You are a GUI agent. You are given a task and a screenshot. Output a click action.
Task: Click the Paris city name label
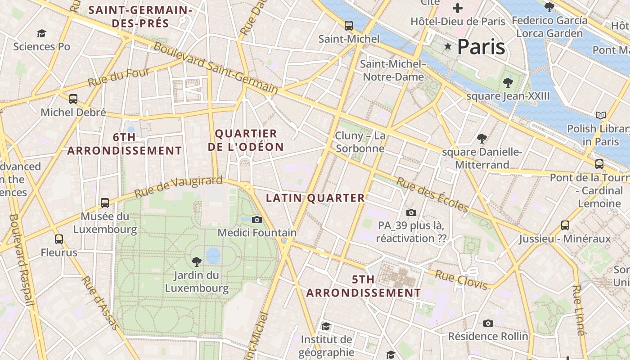pos(481,47)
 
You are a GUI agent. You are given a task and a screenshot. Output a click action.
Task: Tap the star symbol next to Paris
pos(448,46)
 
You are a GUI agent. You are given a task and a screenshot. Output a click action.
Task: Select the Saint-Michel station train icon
pos(349,25)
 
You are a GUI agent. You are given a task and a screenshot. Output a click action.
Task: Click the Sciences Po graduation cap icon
pos(41,33)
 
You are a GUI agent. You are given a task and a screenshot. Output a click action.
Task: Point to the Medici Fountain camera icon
pos(257,220)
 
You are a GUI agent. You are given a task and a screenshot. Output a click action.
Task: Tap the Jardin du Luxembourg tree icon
pos(196,261)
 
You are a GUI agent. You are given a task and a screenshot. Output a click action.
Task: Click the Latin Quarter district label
pos(315,198)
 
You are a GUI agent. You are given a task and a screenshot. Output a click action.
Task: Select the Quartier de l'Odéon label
pos(249,140)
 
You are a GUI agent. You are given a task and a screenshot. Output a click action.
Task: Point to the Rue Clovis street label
pos(462,279)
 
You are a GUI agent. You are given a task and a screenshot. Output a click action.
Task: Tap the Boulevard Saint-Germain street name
pos(216,67)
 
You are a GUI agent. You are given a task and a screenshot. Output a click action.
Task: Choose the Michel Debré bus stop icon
pos(73,99)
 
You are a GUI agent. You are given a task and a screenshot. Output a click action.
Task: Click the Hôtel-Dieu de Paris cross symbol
pos(458,8)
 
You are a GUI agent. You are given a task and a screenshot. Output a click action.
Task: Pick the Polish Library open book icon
pos(600,115)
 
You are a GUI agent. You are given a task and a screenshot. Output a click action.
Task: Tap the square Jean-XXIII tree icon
pos(508,82)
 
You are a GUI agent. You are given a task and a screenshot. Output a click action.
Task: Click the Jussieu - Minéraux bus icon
pos(565,225)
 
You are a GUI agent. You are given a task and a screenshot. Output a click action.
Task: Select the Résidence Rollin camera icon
pos(488,323)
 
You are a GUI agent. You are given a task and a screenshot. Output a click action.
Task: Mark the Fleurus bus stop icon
pos(59,239)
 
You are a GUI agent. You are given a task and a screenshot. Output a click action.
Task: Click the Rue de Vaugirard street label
pos(179,187)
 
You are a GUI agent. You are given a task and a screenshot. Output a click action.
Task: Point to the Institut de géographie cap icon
pos(326,326)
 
